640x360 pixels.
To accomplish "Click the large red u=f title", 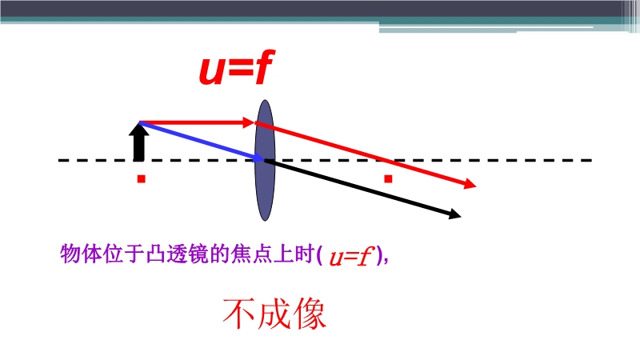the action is pyautogui.click(x=237, y=67).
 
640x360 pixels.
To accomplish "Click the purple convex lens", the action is pyautogui.click(x=265, y=160).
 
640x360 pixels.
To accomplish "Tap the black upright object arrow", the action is pyautogui.click(x=138, y=142).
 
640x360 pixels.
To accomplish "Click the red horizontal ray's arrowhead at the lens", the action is pyautogui.click(x=249, y=122).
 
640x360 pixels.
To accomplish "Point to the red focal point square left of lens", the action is pyautogui.click(x=142, y=178).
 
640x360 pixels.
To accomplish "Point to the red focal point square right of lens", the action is pyautogui.click(x=388, y=178).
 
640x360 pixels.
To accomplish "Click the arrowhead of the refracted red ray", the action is pyautogui.click(x=470, y=184).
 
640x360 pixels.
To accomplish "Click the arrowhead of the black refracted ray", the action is pyautogui.click(x=454, y=214).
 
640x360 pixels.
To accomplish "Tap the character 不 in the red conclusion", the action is pyautogui.click(x=238, y=314).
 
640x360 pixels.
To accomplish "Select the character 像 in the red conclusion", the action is pyautogui.click(x=310, y=314).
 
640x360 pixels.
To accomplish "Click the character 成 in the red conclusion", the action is pyautogui.click(x=274, y=314).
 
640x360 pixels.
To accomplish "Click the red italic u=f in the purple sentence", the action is pyautogui.click(x=351, y=257).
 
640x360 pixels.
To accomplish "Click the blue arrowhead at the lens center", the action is pyautogui.click(x=259, y=158).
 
